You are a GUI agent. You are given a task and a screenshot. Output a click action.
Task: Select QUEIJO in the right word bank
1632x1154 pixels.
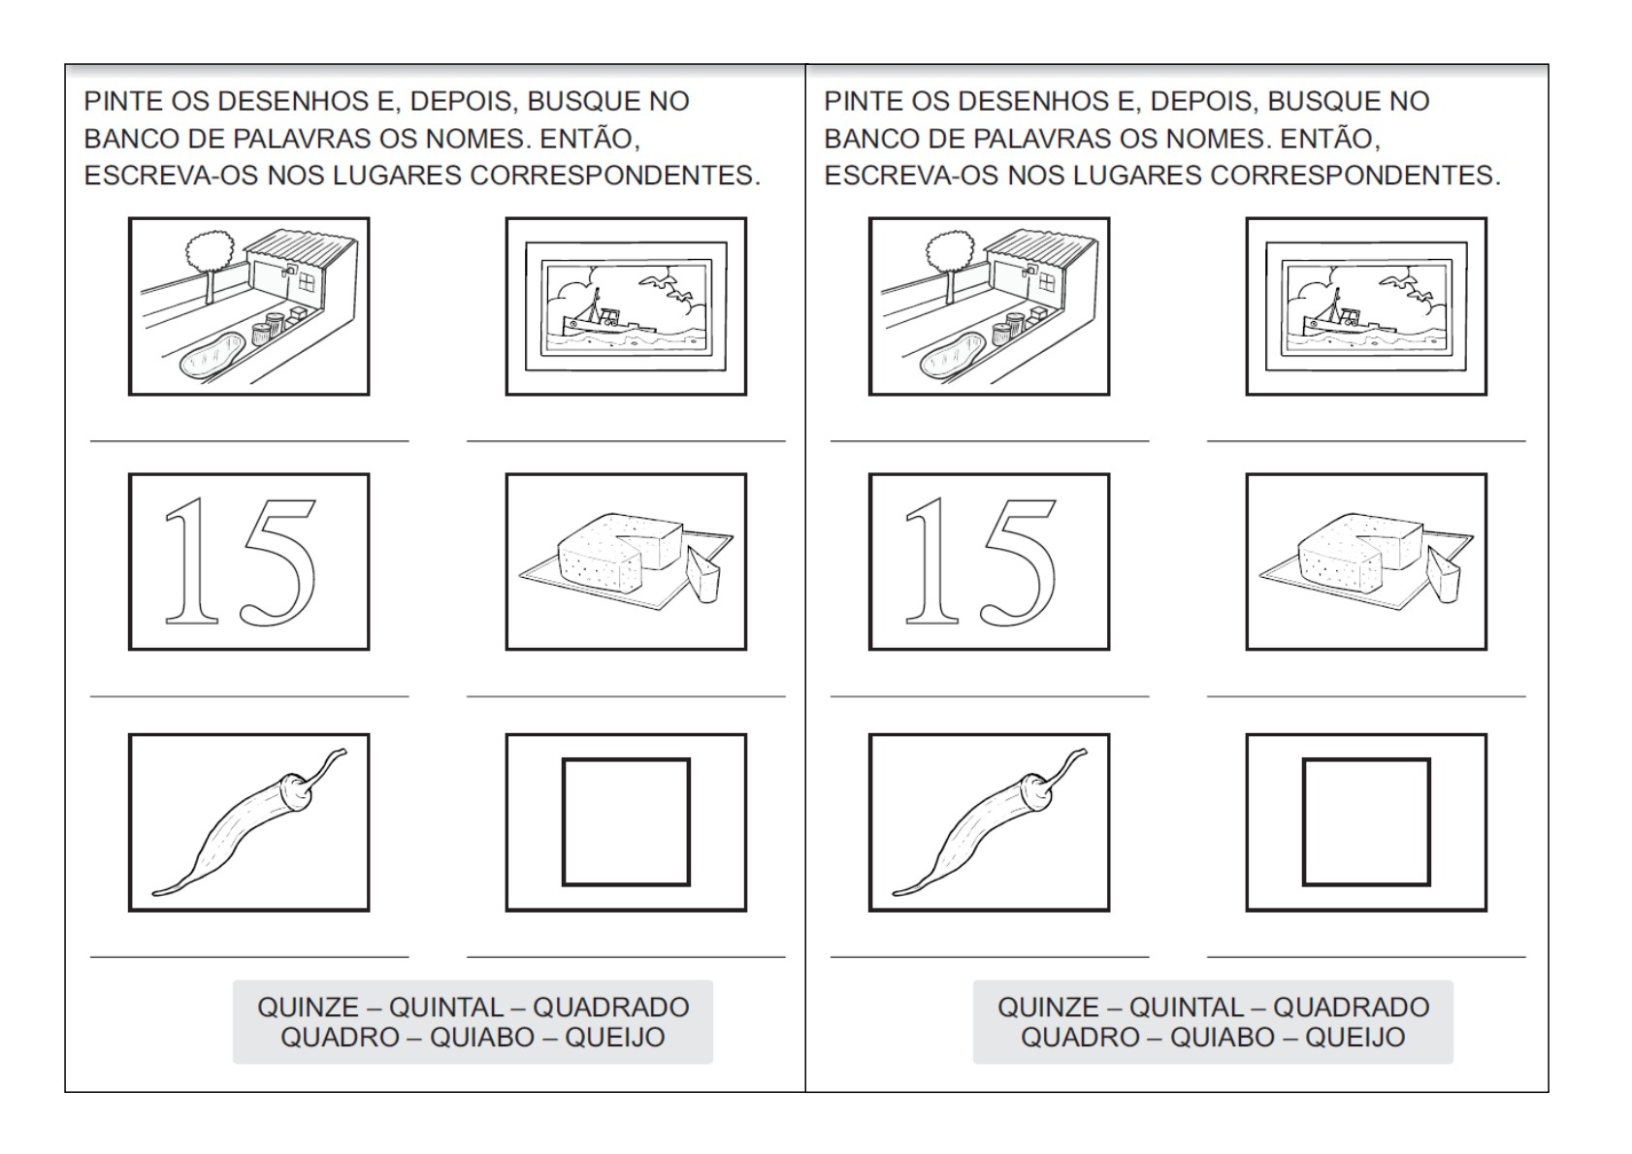tap(1355, 1038)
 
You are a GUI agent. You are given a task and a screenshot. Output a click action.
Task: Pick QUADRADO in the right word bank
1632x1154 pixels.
tap(1351, 1008)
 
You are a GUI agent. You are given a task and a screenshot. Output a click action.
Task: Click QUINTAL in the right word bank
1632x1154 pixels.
tap(1184, 1008)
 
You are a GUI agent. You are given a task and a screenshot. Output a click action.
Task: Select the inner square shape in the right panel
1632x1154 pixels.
tap(1366, 822)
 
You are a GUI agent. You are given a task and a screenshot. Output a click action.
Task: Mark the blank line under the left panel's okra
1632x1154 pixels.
tap(249, 956)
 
